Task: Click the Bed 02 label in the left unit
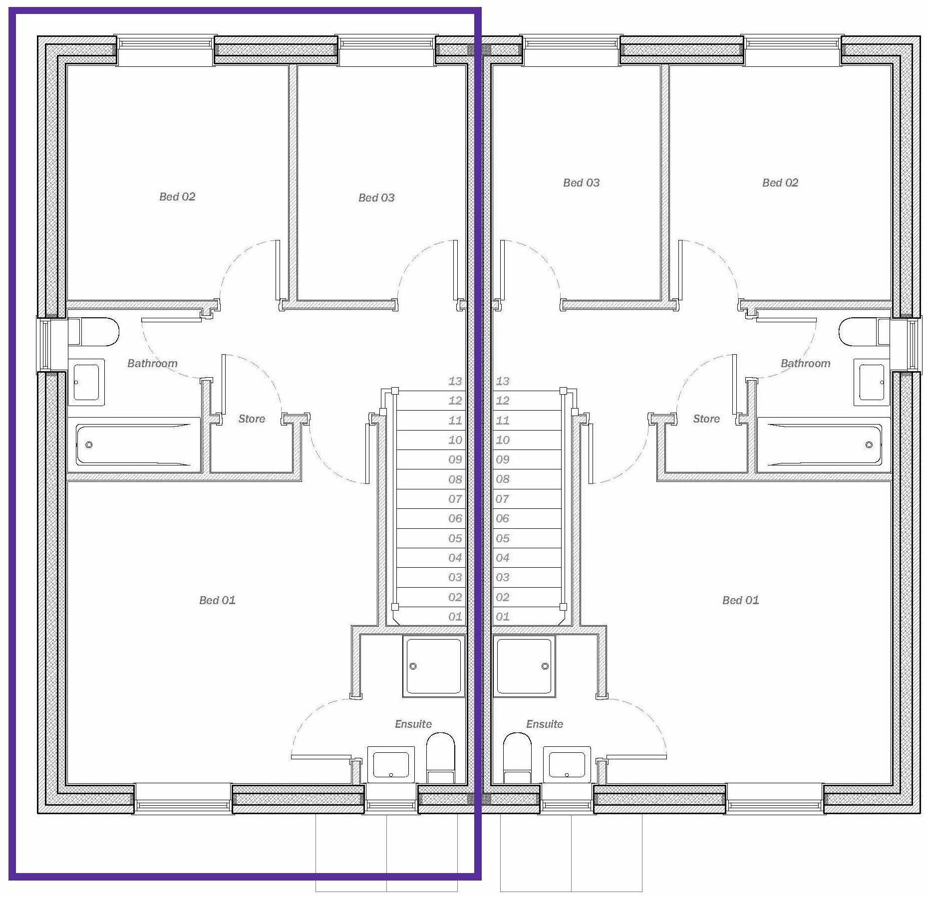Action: pos(177,197)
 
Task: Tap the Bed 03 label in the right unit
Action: pos(581,183)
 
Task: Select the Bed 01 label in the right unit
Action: pos(740,600)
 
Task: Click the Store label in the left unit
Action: pos(252,419)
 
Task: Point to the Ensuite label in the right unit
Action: pos(544,724)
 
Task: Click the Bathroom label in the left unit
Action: pos(152,363)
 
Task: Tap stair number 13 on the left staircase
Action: pos(455,381)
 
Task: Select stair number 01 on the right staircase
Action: pos(502,617)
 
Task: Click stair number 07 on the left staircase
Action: pos(455,499)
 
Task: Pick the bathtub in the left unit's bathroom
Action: pos(134,445)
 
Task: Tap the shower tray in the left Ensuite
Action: pos(433,666)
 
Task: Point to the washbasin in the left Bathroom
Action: pos(86,382)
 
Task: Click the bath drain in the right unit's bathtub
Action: pos(869,445)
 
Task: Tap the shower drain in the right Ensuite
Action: pos(545,666)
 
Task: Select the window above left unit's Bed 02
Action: pos(165,44)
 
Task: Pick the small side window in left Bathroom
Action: pos(44,344)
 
